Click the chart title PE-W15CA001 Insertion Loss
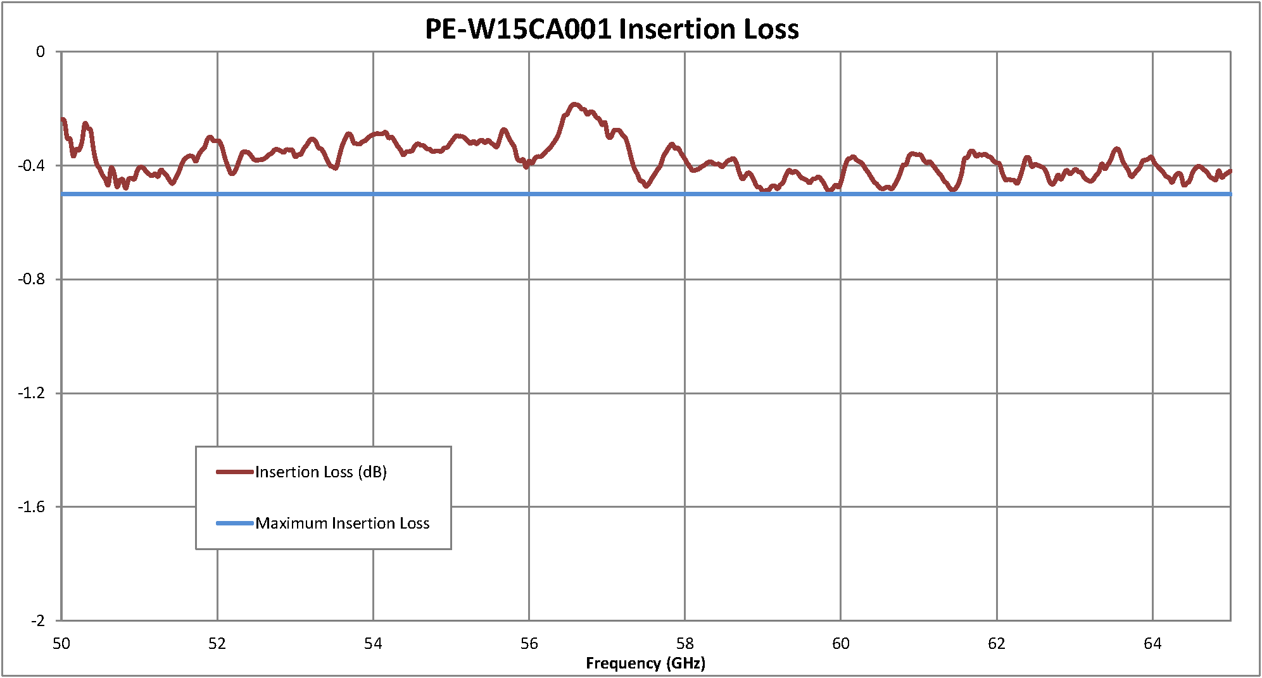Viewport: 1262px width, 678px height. coord(612,29)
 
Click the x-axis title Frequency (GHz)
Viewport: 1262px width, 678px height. coord(645,663)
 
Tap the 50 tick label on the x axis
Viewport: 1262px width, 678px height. coord(61,643)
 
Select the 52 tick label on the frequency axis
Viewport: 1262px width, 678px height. coord(217,643)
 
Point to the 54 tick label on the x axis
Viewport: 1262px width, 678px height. coord(373,643)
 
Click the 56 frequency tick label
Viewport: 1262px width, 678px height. coord(529,643)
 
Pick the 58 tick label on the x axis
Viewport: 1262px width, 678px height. coord(685,643)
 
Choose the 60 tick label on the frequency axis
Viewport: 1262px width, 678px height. coord(840,643)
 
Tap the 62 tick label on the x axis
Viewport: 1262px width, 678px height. coord(997,643)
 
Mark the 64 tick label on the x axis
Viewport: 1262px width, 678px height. coord(1152,643)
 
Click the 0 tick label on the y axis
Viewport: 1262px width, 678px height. coord(41,52)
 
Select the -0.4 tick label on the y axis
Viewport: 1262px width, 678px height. coord(32,166)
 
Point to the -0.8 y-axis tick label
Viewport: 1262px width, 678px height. coord(32,279)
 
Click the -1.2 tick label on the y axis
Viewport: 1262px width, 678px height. coord(32,393)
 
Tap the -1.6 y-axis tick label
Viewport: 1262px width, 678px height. coord(32,506)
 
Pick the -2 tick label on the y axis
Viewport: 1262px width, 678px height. coord(38,620)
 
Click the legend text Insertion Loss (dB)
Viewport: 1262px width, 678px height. coord(321,472)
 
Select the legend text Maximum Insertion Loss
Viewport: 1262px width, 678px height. coord(343,524)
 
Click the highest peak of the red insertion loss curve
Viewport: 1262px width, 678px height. coord(574,104)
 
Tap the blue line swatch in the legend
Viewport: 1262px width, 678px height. coord(235,524)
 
